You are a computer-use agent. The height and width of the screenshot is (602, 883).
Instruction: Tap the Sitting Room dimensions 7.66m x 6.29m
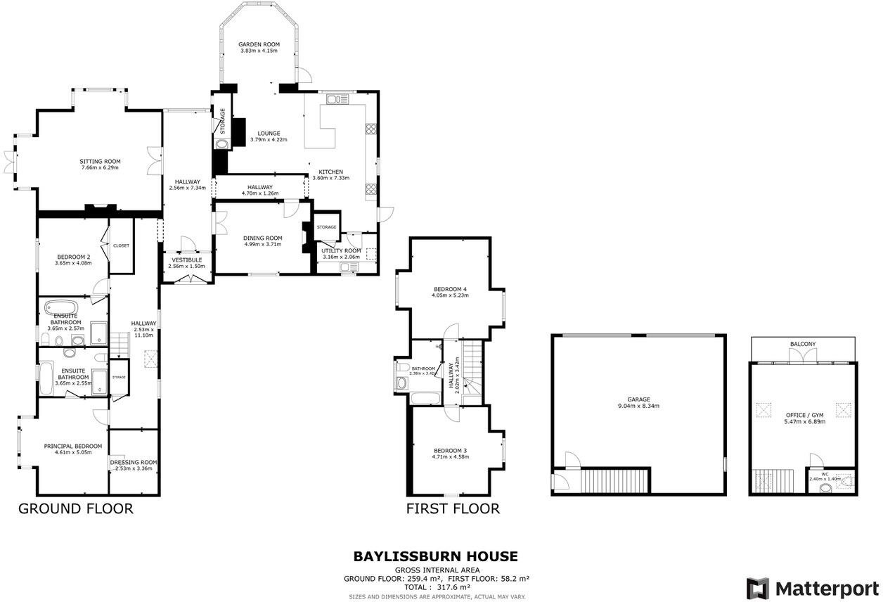click(100, 168)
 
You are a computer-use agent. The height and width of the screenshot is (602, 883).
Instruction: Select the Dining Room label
click(262, 238)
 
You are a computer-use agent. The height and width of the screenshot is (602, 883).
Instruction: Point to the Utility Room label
click(341, 250)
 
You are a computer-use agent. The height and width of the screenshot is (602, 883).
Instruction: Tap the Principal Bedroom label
click(73, 446)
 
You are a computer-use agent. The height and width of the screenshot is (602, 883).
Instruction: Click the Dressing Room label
click(134, 462)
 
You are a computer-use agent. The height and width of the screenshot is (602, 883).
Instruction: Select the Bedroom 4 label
click(451, 289)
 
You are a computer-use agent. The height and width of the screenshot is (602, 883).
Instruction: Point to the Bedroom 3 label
click(451, 450)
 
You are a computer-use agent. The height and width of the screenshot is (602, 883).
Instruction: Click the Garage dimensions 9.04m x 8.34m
click(639, 406)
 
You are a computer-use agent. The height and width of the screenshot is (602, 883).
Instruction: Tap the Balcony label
click(803, 344)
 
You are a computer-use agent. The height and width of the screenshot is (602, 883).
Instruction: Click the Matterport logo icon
click(757, 588)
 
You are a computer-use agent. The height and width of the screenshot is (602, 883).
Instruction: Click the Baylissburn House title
click(435, 557)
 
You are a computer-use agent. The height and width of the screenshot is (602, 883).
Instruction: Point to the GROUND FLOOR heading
click(75, 508)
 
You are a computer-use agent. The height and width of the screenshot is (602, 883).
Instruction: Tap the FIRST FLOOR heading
click(453, 508)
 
